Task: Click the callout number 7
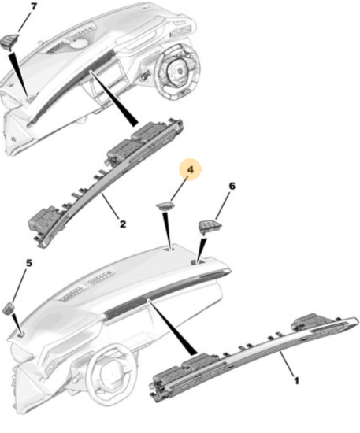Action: click(x=34, y=6)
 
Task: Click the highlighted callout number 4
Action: click(x=191, y=169)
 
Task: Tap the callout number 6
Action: click(x=232, y=186)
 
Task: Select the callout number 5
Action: click(x=29, y=263)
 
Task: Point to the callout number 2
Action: click(x=123, y=224)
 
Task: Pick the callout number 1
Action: click(x=296, y=381)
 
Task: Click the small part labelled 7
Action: click(x=10, y=41)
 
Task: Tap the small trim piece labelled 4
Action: click(x=165, y=206)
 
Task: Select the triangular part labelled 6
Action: click(x=210, y=227)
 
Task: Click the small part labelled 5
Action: click(x=9, y=308)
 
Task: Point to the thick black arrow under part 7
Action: click(x=19, y=74)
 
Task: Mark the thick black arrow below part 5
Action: click(x=17, y=324)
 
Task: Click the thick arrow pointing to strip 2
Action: click(x=113, y=98)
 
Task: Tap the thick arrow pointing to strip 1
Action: click(x=173, y=327)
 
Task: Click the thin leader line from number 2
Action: click(x=110, y=206)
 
